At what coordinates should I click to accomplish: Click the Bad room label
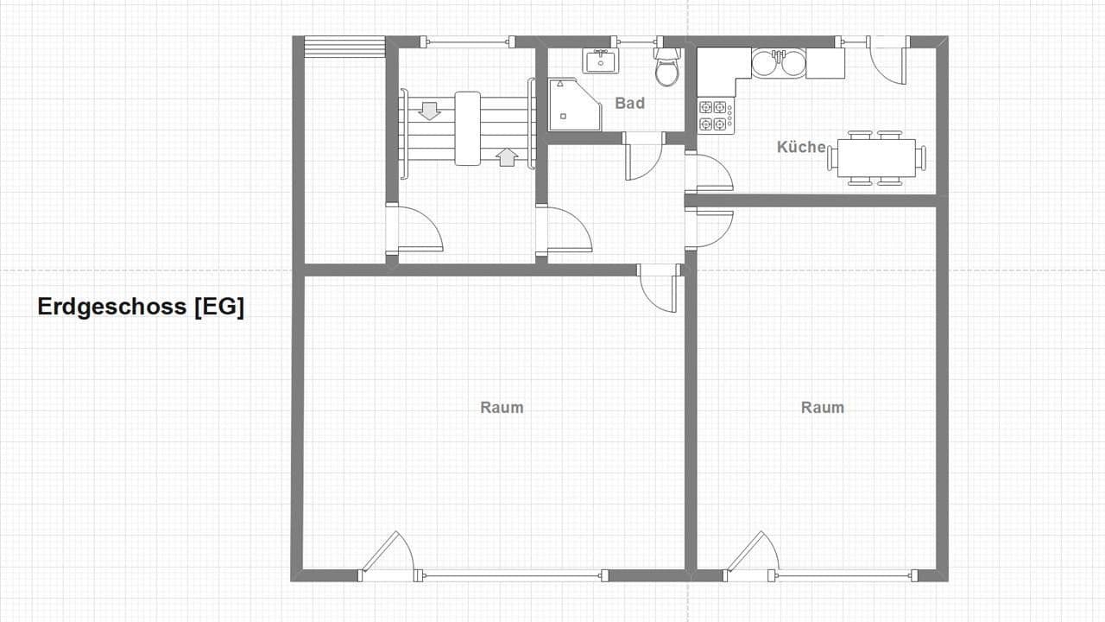(x=629, y=103)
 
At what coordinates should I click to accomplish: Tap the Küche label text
(x=801, y=147)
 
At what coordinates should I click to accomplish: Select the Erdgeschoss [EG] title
(x=141, y=307)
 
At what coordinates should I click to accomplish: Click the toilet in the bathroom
(x=666, y=67)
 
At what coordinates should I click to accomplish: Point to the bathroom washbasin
(x=599, y=60)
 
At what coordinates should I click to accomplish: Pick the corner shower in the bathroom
(x=574, y=105)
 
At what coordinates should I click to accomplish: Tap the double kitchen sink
(x=778, y=63)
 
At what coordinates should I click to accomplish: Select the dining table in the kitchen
(x=876, y=158)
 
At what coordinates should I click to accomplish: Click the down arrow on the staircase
(x=429, y=111)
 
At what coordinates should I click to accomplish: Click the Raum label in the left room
(x=502, y=407)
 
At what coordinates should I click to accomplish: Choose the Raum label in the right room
(x=822, y=407)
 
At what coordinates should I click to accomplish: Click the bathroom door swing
(x=641, y=157)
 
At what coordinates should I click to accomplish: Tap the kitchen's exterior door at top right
(x=887, y=60)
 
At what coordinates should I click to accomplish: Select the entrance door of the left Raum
(x=386, y=554)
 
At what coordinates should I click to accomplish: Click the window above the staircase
(x=467, y=41)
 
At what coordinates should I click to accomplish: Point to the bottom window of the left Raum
(x=510, y=575)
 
